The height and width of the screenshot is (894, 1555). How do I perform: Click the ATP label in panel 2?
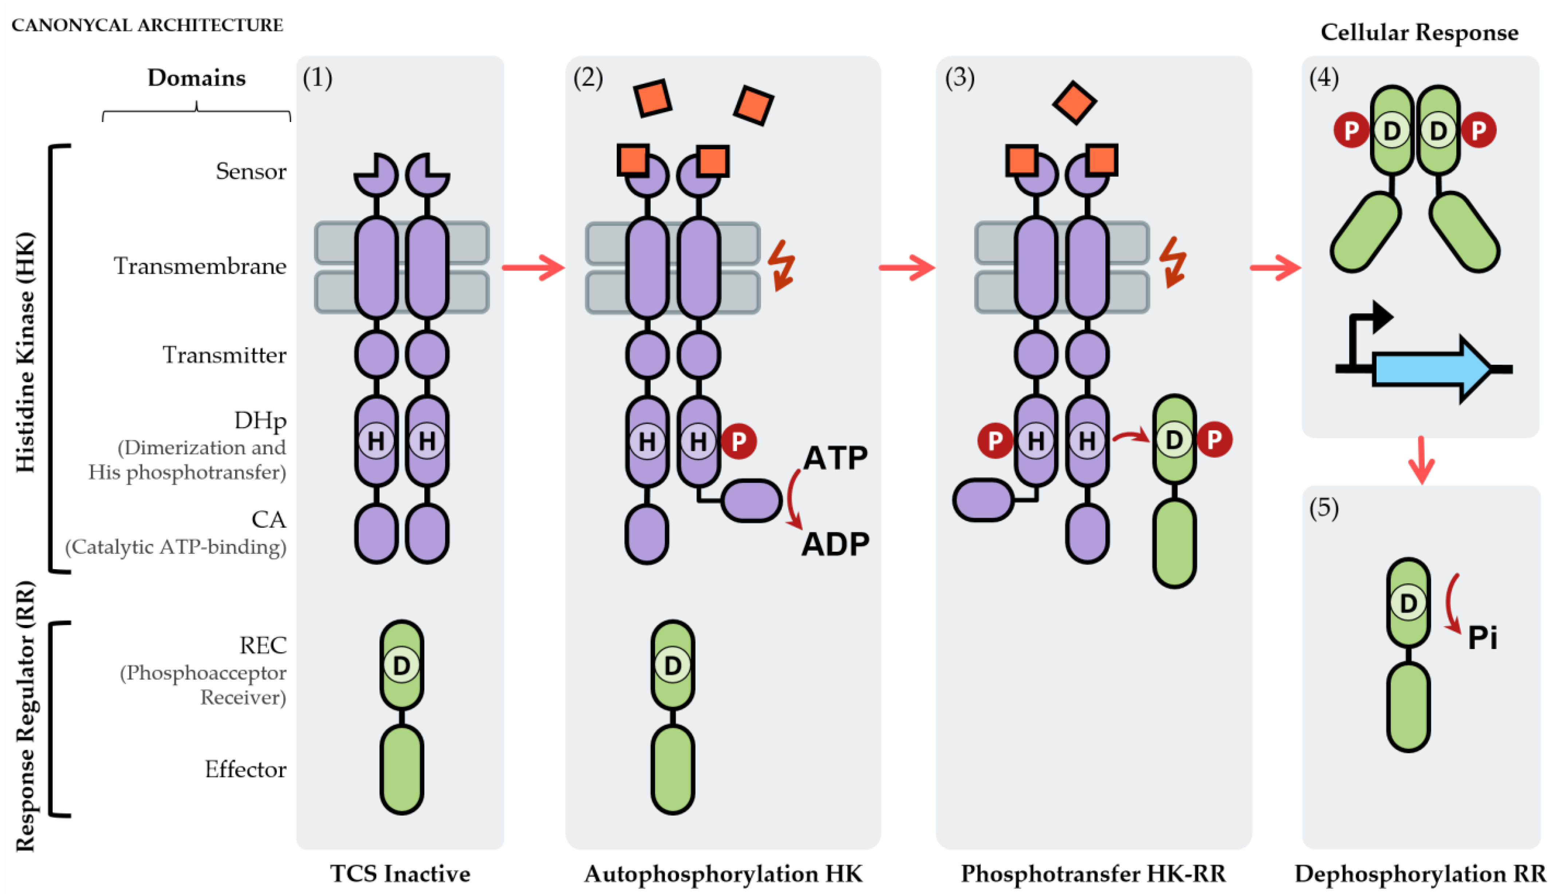click(x=835, y=458)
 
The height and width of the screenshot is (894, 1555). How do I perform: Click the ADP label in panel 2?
click(x=835, y=544)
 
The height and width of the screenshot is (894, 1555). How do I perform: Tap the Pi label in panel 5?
click(x=1482, y=638)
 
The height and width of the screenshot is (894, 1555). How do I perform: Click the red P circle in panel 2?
click(x=739, y=441)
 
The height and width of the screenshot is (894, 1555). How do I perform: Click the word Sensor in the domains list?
click(x=251, y=171)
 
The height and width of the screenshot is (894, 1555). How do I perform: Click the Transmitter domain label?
click(x=224, y=355)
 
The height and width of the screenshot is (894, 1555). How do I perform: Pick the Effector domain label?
click(x=245, y=769)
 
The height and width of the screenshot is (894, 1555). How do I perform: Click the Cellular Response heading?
click(x=1419, y=32)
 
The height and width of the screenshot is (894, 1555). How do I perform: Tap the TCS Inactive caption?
click(x=400, y=873)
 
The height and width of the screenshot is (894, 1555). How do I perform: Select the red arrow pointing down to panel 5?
click(x=1421, y=461)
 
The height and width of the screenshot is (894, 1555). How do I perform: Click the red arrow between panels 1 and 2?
click(x=533, y=267)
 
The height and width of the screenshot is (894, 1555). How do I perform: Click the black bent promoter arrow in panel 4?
click(x=1366, y=332)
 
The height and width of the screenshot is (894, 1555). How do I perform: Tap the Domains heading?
click(x=196, y=78)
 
